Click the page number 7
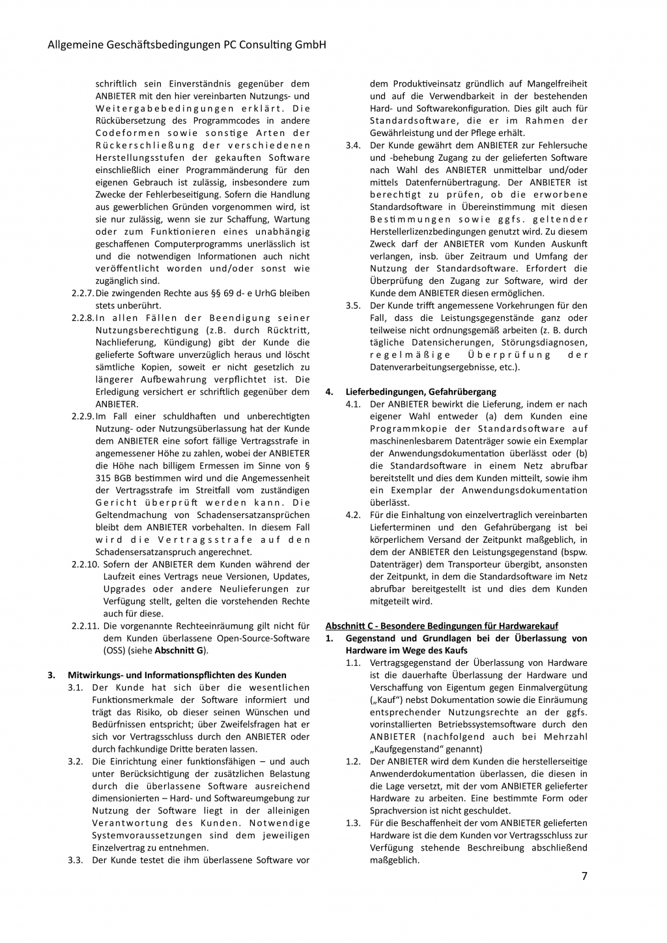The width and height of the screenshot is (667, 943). pos(584,876)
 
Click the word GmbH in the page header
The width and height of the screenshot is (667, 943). pos(309,45)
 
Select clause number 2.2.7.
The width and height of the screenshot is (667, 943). pos(83,293)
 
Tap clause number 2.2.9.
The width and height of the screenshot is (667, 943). pos(83,416)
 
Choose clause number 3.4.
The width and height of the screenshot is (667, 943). pos(353,145)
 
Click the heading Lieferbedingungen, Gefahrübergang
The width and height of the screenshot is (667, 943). pos(421,392)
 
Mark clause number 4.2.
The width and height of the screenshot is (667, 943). pos(353,515)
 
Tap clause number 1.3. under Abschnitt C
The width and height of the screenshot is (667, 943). pos(353,823)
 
